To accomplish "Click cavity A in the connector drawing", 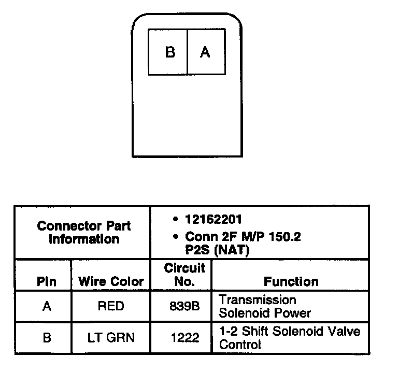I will coord(206,52).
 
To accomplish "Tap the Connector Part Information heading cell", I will coord(84,233).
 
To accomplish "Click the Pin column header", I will coord(47,282).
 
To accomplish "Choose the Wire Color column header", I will coord(111,282).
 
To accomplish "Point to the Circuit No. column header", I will coord(184,275).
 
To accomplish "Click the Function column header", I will coord(291,282).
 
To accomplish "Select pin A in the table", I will coord(47,307).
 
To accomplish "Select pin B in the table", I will coord(47,338).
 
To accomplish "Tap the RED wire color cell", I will coord(111,307).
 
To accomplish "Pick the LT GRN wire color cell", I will coord(111,338).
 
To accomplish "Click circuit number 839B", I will coord(184,307).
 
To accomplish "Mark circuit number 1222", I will coord(184,338).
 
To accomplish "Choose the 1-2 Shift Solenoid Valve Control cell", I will coord(289,338).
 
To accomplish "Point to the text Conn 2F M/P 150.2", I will coord(243,237).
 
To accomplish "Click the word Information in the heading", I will coord(84,239).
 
